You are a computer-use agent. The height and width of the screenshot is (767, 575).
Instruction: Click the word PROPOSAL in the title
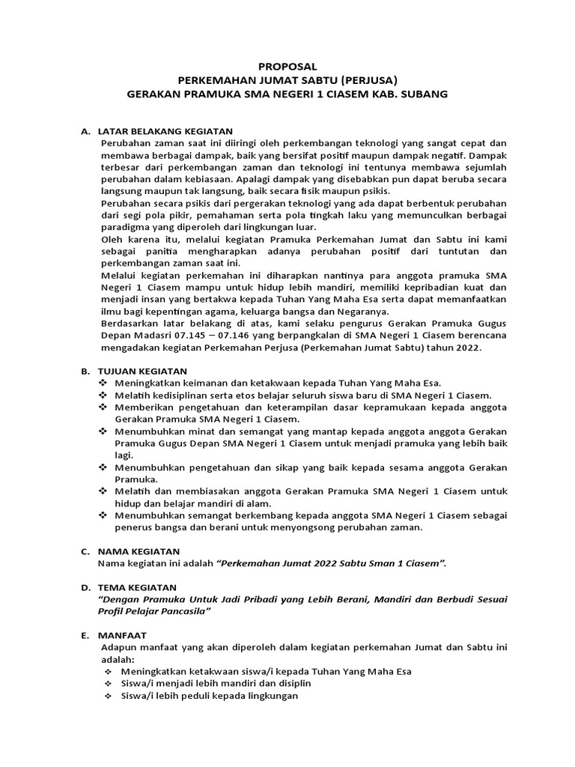pos(287,67)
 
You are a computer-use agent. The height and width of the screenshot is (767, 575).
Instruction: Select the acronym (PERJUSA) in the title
pos(368,80)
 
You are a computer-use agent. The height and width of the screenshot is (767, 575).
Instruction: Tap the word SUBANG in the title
pos(423,94)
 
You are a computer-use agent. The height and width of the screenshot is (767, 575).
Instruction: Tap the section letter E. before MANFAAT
pos(85,635)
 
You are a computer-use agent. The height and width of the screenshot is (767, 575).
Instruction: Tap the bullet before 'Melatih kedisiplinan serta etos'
pos(103,395)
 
